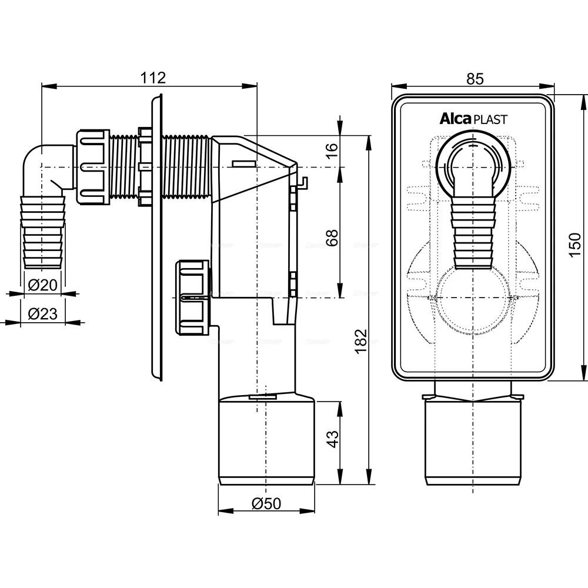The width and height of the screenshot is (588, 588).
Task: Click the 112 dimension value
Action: [154, 77]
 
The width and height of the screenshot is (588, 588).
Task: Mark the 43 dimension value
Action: [333, 439]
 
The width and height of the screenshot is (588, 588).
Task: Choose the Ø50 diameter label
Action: [266, 503]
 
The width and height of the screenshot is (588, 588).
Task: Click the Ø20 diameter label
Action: [43, 286]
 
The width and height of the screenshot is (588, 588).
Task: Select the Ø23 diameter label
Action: [43, 314]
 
